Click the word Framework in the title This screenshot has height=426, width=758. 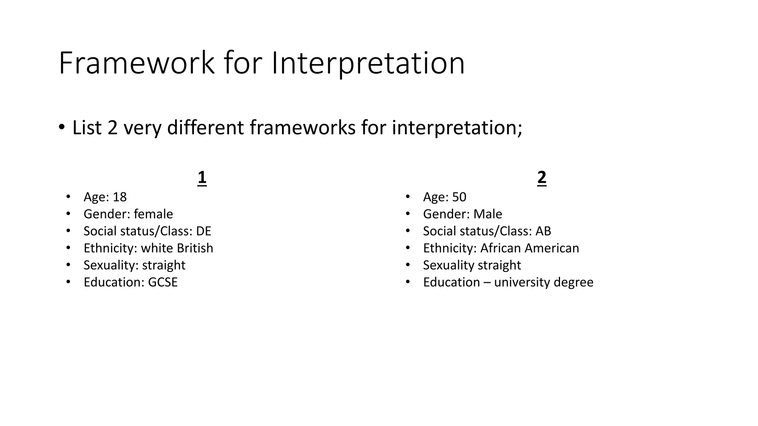[x=136, y=63]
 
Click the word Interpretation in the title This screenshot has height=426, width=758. [x=368, y=64]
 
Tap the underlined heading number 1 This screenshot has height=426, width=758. [x=202, y=178]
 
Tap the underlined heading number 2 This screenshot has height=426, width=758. [x=541, y=178]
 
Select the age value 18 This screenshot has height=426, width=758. [x=120, y=197]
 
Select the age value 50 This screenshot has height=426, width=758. [x=459, y=197]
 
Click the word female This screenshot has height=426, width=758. [x=153, y=214]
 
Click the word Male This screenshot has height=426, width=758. [x=488, y=214]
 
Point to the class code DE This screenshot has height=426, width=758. [x=204, y=231]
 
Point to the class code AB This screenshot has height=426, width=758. [x=543, y=231]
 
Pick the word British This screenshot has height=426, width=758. [x=195, y=248]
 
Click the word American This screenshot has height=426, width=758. [x=552, y=248]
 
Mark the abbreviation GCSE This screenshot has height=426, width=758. [x=163, y=283]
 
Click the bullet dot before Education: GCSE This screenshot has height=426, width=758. [x=68, y=282]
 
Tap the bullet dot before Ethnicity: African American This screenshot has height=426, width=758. [x=407, y=248]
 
